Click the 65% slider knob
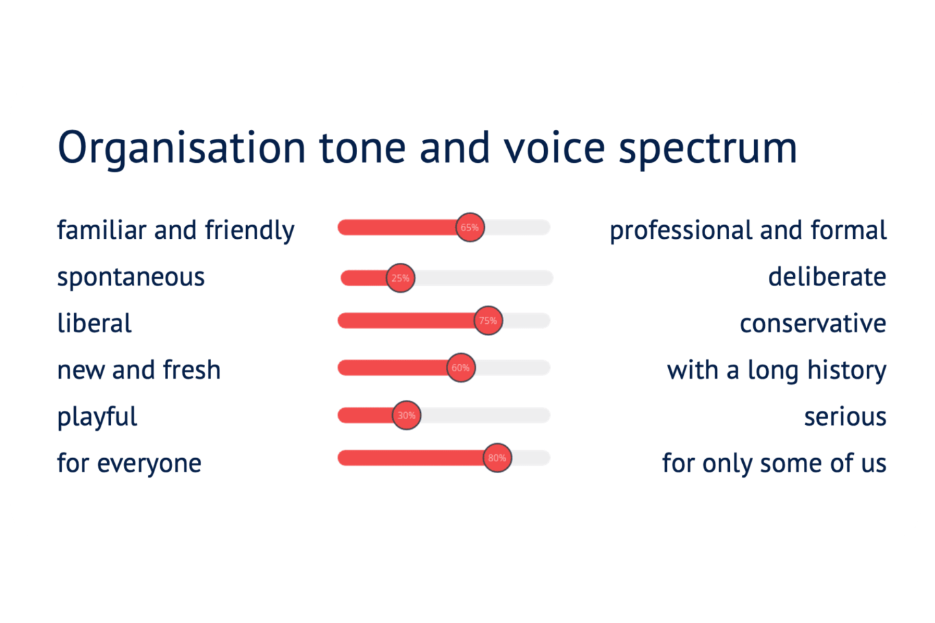point(470,227)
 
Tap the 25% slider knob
point(400,278)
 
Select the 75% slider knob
point(488,321)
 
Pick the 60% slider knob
point(461,367)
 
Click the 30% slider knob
point(406,415)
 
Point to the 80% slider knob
point(497,458)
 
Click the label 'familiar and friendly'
point(176,231)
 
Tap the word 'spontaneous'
point(131,278)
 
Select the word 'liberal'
point(94,323)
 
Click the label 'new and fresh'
point(139,370)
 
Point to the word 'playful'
point(97,417)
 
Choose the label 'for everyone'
point(129,463)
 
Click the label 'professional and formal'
point(748,231)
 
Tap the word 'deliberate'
point(827,276)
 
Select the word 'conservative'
point(813,324)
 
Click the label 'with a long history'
point(777,371)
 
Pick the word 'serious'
point(845,417)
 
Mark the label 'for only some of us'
point(774,464)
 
